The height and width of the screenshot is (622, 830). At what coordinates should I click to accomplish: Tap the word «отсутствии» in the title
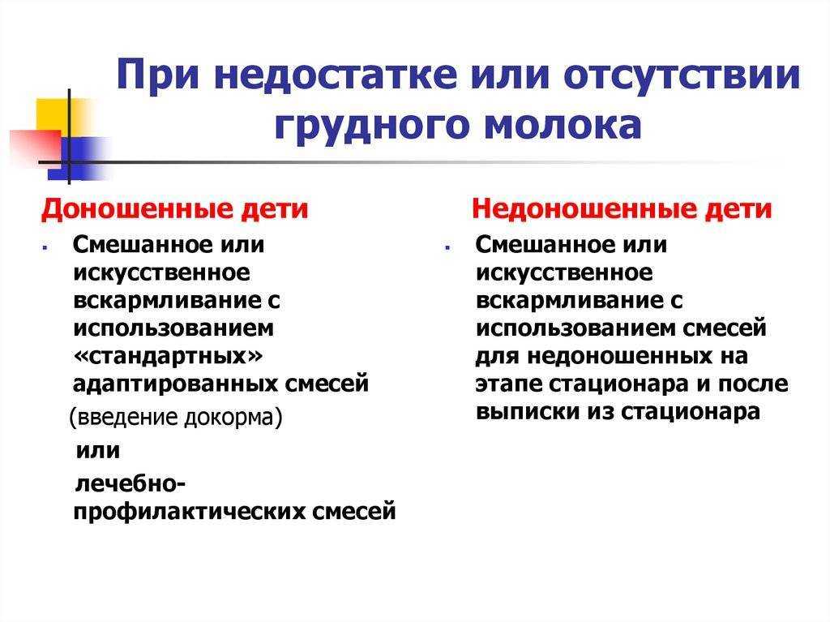coord(682,76)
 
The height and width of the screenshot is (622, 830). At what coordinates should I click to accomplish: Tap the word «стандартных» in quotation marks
coord(168,356)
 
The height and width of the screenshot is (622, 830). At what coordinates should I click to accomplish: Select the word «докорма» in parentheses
coord(233,418)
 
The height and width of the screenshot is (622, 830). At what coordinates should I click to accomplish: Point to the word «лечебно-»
coord(130,483)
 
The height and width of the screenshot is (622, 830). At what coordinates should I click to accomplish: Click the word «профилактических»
coord(189,512)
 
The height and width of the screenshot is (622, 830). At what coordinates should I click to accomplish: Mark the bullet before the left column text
coord(45,247)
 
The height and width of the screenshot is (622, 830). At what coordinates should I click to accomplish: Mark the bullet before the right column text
coord(447,247)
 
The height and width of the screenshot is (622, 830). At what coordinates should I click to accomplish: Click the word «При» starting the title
coord(159,75)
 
